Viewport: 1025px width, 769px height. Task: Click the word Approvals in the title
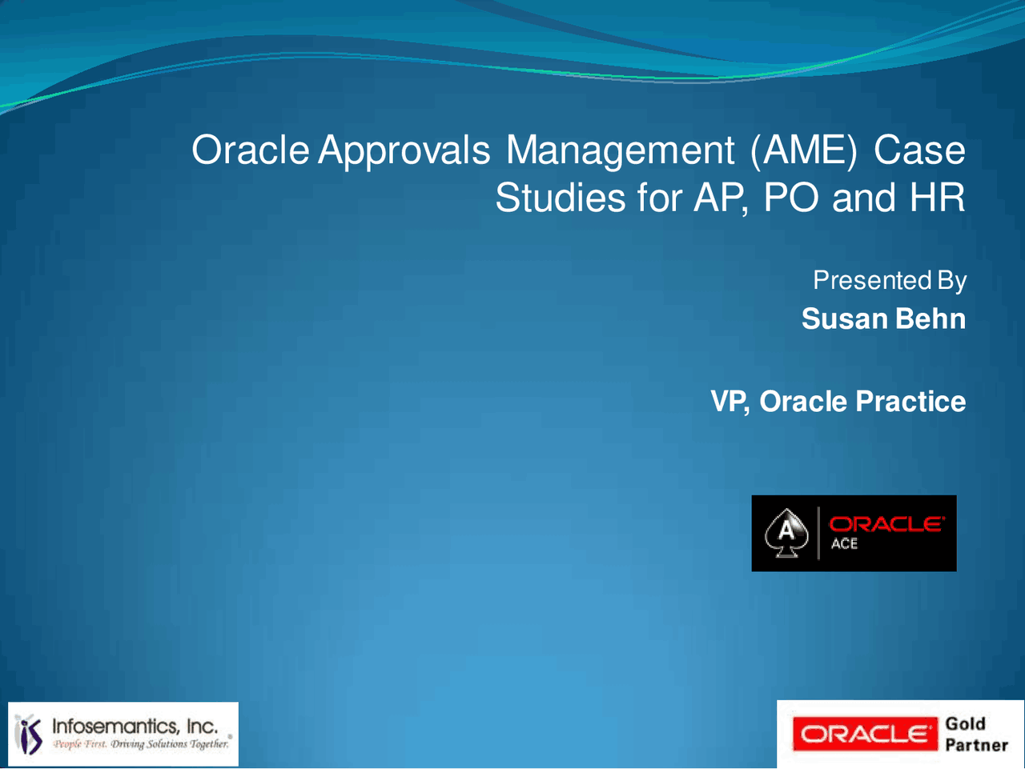pos(404,150)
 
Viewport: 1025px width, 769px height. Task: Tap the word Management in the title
pos(620,150)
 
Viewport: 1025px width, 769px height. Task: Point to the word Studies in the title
pos(560,198)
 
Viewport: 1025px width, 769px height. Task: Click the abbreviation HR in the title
pos(937,198)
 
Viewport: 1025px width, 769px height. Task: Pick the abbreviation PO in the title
pos(791,198)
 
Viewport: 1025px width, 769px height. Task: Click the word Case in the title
pos(919,150)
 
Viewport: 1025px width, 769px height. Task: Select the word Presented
pos(871,280)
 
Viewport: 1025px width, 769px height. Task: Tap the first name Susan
pos(845,318)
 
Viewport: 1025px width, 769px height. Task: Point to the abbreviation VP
pos(729,401)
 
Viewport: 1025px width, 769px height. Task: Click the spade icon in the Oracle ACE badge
pos(786,533)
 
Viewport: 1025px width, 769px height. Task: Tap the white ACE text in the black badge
pos(844,544)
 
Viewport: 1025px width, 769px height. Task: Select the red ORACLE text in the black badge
pos(886,524)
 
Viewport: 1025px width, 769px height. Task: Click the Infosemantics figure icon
pos(30,734)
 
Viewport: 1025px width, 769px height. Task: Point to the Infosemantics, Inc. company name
pos(135,726)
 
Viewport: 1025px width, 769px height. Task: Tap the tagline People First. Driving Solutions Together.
pos(141,744)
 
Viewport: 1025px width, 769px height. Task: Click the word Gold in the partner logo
pos(965,723)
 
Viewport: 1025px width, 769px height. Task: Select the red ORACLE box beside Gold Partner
pos(864,734)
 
